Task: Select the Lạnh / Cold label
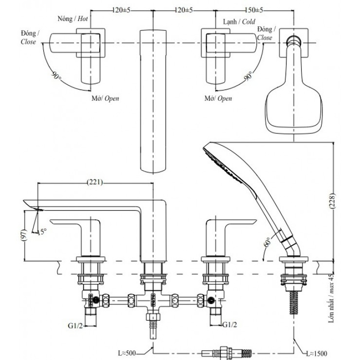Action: [x=239, y=22]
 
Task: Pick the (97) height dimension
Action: [x=25, y=235]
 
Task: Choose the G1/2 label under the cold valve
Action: [x=230, y=325]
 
